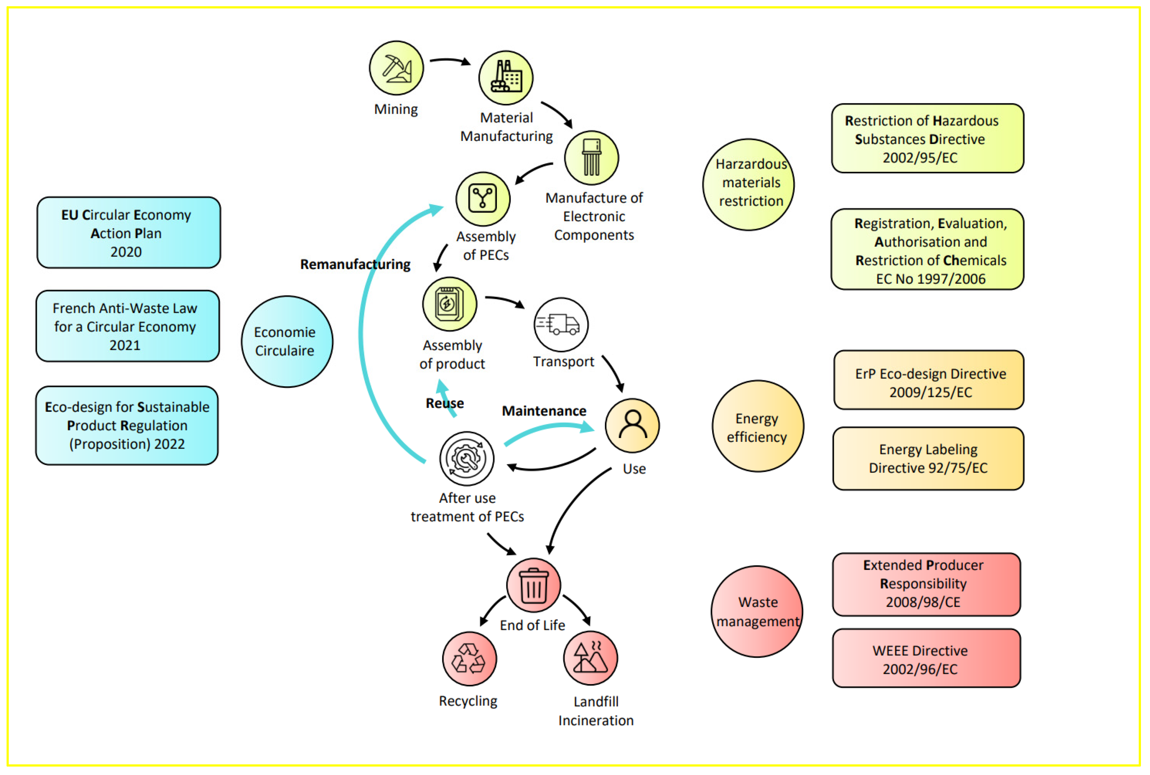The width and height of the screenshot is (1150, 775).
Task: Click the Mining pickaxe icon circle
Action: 396,68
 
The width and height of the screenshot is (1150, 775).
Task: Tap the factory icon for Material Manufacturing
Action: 506,77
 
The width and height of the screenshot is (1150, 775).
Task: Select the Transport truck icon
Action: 561,324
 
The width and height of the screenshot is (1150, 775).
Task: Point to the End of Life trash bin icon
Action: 533,585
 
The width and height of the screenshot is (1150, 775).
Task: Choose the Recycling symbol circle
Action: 469,659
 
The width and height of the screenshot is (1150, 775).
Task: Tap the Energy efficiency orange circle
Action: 757,426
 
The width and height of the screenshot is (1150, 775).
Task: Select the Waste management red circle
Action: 757,611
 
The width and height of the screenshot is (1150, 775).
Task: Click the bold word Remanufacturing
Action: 355,264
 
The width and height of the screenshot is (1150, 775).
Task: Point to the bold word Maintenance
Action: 544,411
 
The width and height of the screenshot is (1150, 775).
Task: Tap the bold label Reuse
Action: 444,403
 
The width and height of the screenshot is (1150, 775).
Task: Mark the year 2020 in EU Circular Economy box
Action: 126,252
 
